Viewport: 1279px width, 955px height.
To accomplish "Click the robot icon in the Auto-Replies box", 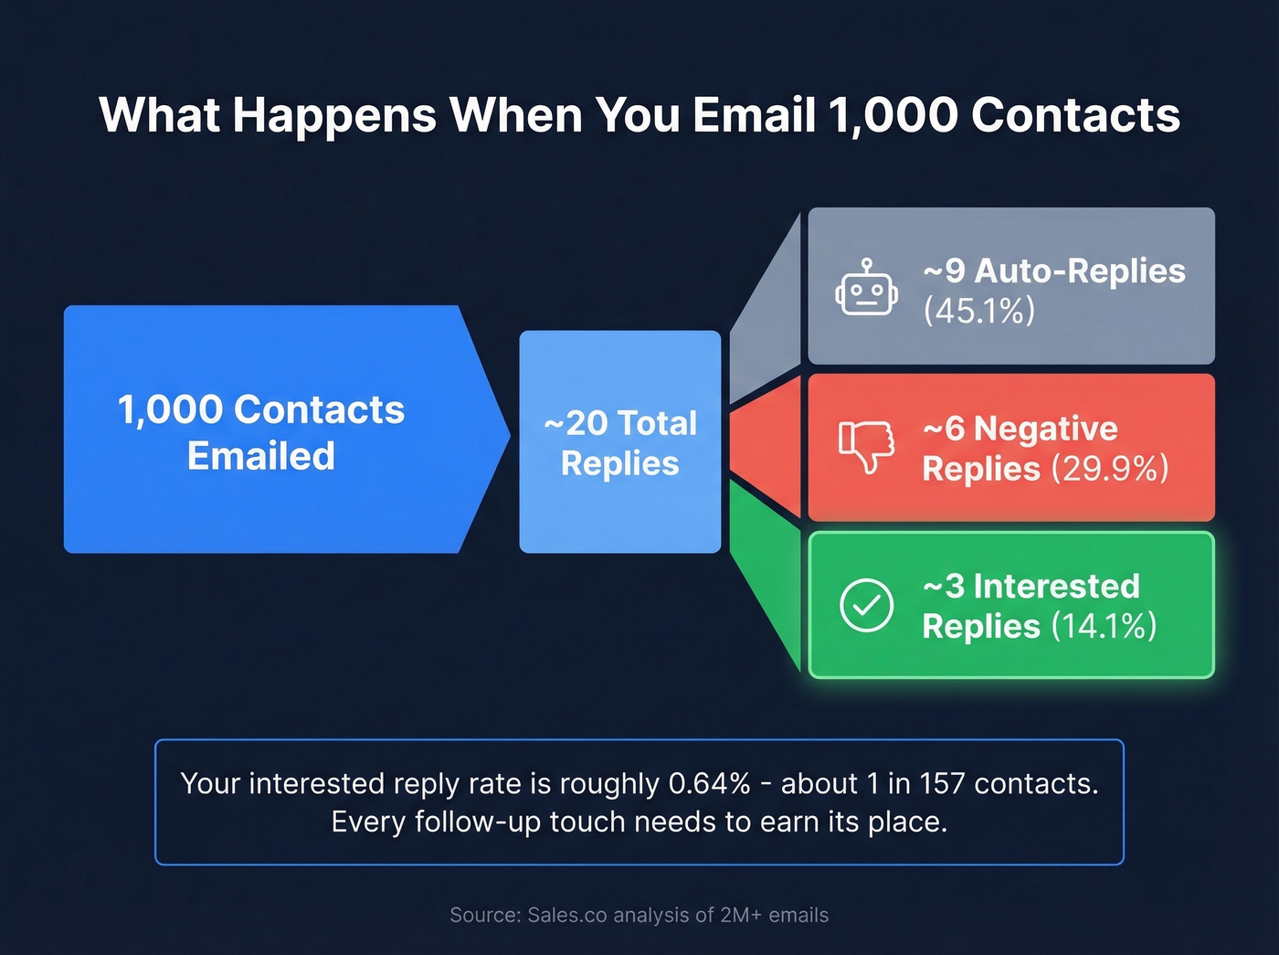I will [x=866, y=290].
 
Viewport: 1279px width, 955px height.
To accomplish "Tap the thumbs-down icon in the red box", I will [x=866, y=445].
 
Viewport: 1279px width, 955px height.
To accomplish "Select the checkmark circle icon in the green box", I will [x=866, y=605].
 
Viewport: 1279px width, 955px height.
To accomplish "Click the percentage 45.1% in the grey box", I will [x=978, y=311].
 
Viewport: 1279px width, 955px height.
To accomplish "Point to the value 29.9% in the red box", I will [x=1109, y=469].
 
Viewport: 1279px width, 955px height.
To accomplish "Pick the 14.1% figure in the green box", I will [x=1104, y=626].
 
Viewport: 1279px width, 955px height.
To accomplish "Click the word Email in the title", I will [x=753, y=115].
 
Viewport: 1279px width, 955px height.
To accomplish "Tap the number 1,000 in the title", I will [x=892, y=115].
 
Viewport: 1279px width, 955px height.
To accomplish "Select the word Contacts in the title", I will [x=1075, y=115].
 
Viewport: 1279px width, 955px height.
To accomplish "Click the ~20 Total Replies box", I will [x=620, y=442].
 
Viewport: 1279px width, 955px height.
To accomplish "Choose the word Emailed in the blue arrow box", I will [x=261, y=456].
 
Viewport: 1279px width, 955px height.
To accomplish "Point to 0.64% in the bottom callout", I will [x=709, y=784].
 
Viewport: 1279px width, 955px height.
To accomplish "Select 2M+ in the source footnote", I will [x=740, y=915].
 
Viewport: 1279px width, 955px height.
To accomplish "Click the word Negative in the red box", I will [x=1045, y=429].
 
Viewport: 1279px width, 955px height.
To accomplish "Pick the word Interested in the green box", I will [x=1056, y=586].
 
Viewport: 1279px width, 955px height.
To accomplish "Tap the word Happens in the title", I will [x=334, y=115].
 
